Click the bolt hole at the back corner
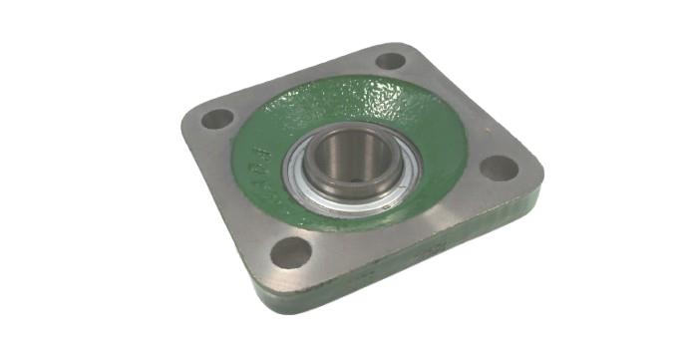[x=391, y=60]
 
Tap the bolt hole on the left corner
[x=217, y=119]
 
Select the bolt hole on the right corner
[x=499, y=167]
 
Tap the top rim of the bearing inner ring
[x=344, y=133]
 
